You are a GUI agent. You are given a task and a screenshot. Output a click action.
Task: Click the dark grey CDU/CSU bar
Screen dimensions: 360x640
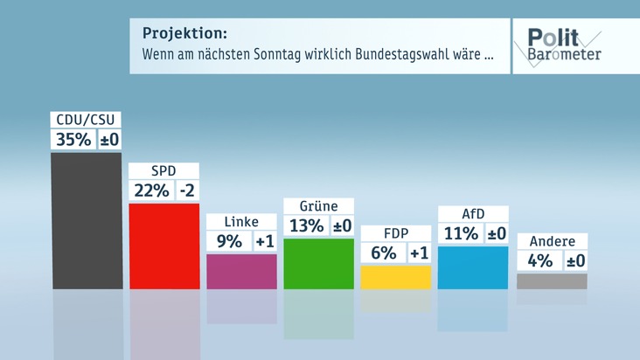87,220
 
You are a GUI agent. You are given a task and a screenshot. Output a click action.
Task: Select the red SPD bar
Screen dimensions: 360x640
163,245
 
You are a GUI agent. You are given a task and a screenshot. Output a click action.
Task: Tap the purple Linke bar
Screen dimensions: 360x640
241,271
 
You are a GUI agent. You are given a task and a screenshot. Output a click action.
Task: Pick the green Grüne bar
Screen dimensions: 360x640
318,263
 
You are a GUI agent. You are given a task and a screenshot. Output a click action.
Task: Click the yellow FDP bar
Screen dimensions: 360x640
395,277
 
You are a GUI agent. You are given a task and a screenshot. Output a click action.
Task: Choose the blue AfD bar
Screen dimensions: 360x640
472,267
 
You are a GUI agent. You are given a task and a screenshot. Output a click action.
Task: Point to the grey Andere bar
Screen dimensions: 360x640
552,280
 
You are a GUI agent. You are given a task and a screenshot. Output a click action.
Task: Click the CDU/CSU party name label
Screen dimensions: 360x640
87,120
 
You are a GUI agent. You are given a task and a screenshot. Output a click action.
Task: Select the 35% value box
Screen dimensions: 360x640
73,140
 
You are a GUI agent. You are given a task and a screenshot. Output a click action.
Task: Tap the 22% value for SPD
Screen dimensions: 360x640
150,190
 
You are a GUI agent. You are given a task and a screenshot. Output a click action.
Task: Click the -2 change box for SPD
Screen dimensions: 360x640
187,190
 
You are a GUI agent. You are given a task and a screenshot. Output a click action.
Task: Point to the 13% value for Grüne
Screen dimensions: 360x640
306,225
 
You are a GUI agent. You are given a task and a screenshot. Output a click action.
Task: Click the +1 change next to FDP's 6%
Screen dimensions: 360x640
419,253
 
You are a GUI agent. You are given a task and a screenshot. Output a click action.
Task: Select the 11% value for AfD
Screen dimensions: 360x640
460,233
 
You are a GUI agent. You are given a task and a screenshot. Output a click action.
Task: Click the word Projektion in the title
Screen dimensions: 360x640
184,33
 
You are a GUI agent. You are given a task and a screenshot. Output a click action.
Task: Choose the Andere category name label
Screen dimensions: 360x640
552,241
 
